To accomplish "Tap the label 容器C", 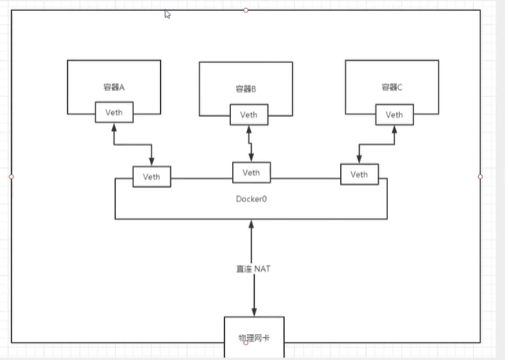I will tap(392, 87).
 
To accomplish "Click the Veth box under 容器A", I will tap(114, 113).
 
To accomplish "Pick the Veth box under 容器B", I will tap(248, 115).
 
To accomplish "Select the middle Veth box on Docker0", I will tap(251, 172).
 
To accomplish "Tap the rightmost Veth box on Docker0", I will tap(359, 174).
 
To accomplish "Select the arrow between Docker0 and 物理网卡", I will tap(252, 245).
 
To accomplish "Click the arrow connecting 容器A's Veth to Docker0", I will tap(133, 144).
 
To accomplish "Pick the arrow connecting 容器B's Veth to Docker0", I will tap(250, 143).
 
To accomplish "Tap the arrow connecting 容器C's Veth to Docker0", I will tap(375, 144).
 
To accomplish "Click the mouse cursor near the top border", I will tap(167, 13).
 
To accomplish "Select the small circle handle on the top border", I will tap(246, 10).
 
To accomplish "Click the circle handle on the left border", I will tap(11, 177).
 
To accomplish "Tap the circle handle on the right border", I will tap(480, 177).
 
